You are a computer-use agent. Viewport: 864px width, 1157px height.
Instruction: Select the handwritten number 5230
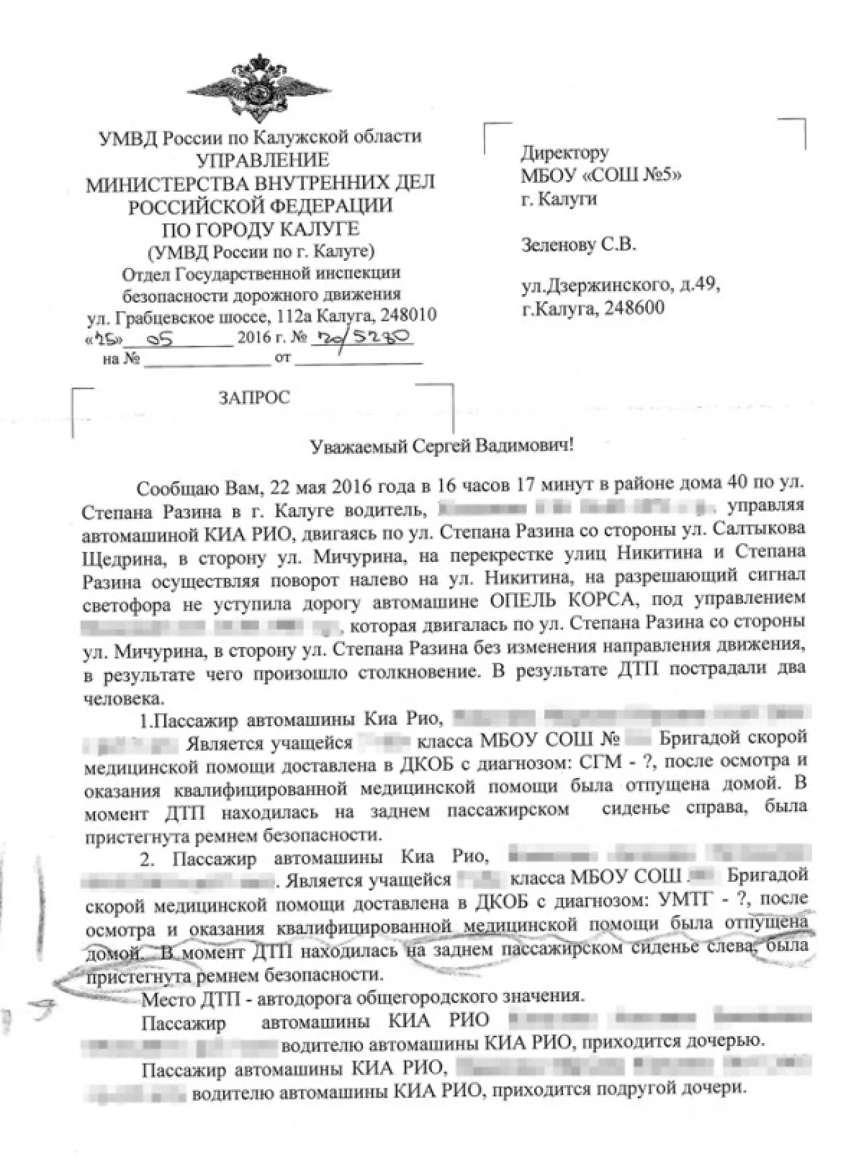pyautogui.click(x=388, y=336)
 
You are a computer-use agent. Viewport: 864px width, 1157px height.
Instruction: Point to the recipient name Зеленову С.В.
pyautogui.click(x=578, y=245)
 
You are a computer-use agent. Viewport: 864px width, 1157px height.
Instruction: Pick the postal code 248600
pyautogui.click(x=634, y=308)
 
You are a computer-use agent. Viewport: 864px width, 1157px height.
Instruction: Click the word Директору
pyautogui.click(x=564, y=153)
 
